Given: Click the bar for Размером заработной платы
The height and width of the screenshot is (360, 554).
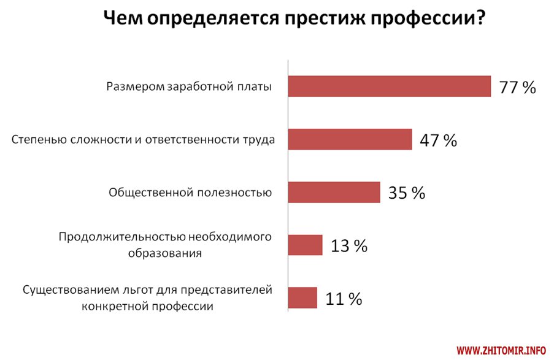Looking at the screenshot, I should (x=390, y=86).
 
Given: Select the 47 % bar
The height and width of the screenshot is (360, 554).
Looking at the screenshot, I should (x=350, y=139).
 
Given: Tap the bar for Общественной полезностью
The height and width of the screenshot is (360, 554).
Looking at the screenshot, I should (x=334, y=192).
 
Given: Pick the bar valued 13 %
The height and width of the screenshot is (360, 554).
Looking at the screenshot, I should (x=306, y=245).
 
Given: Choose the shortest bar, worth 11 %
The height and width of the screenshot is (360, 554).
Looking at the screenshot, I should (x=303, y=298).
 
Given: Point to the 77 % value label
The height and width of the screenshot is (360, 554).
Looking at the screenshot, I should (x=518, y=88).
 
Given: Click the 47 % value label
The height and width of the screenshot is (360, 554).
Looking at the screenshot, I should (x=438, y=140).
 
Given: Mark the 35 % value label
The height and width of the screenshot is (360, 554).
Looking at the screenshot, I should (x=407, y=193).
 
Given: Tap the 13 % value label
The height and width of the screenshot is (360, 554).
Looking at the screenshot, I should (x=348, y=247).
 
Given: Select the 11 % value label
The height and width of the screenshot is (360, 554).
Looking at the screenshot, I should (x=344, y=299).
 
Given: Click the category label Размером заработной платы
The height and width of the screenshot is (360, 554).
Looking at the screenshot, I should (x=188, y=86).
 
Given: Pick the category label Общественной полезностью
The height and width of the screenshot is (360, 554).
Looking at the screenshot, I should (x=190, y=193).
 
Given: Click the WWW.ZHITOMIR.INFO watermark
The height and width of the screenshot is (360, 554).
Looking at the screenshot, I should (x=501, y=350).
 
